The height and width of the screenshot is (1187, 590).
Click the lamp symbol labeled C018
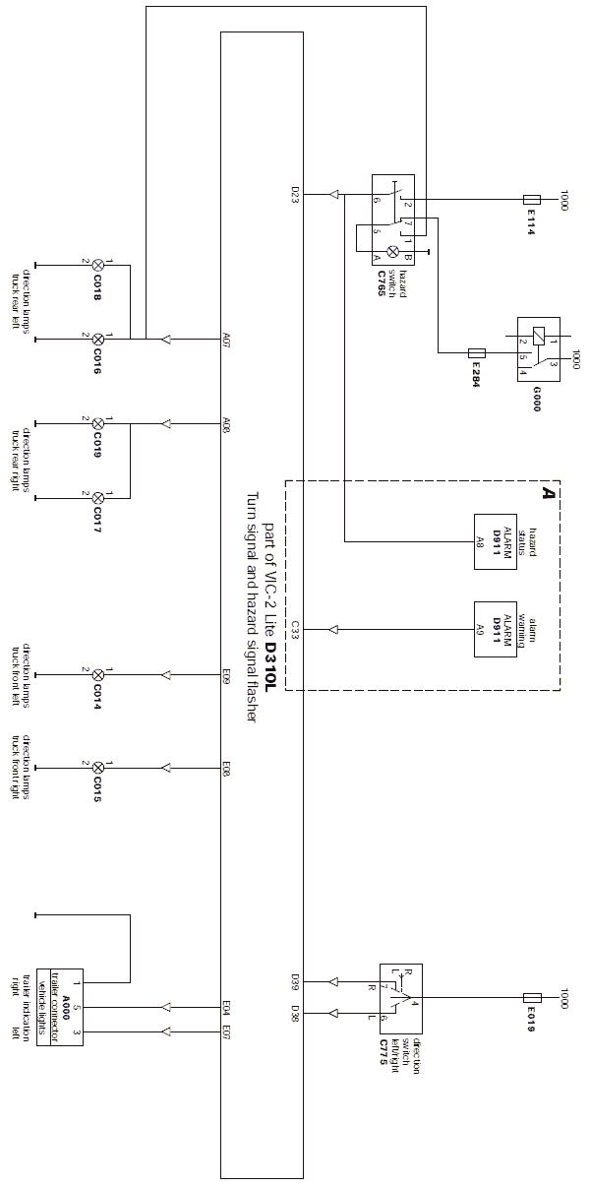click(97, 266)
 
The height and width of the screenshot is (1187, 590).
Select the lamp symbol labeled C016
click(97, 340)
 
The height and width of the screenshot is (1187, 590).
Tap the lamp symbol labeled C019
click(97, 424)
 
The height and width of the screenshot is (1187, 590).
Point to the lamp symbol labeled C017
click(97, 498)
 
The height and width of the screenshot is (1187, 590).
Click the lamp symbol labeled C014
click(97, 675)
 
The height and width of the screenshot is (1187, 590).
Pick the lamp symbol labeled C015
click(97, 766)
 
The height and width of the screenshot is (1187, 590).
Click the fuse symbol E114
click(532, 199)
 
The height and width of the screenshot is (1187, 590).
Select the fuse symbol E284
click(478, 351)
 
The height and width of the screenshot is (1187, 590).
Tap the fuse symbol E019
click(532, 998)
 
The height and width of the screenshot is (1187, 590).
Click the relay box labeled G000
click(539, 351)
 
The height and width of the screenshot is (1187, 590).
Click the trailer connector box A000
click(59, 1005)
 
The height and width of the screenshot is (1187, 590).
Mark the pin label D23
click(295, 192)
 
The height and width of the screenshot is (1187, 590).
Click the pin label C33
click(295, 627)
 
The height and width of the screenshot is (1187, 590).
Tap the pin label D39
click(295, 980)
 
